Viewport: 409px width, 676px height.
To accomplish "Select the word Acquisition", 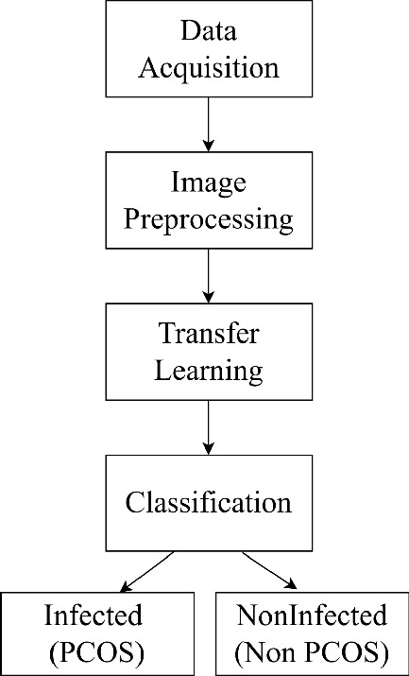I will tap(208, 68).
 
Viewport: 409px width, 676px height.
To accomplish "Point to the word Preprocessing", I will tap(208, 219).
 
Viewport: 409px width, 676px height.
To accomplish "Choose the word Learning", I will tap(208, 371).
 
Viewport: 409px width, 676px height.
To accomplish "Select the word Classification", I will tap(208, 501).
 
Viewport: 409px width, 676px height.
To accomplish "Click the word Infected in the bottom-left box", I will tap(94, 616).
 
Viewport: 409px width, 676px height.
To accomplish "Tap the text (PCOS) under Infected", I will tap(94, 652).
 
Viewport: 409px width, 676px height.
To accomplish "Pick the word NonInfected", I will tap(312, 616).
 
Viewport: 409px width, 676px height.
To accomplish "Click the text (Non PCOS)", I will tap(312, 652).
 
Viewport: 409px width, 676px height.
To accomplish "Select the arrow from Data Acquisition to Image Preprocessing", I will tap(208, 123).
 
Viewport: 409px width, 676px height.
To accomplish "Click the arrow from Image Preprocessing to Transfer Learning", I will tap(208, 274).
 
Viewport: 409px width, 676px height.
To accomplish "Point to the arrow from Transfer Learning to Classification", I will tap(208, 425).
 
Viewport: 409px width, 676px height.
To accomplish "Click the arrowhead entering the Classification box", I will tap(208, 448).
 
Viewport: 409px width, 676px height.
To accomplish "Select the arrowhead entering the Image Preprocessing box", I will tap(208, 146).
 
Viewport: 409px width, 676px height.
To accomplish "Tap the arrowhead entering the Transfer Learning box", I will tap(208, 297).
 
